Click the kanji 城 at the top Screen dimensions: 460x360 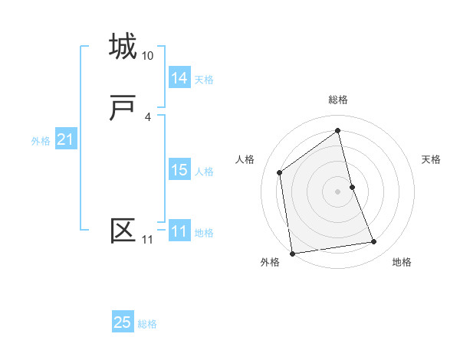(x=123, y=47)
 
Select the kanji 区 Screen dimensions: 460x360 (x=123, y=231)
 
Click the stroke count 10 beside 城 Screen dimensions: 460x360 (x=148, y=56)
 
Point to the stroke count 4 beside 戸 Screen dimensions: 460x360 (x=147, y=116)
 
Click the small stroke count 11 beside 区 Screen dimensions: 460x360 (x=148, y=240)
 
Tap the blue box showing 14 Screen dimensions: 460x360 (x=179, y=78)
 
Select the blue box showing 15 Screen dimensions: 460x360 (x=179, y=170)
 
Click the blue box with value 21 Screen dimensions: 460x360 (x=65, y=139)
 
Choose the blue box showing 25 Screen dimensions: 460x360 (x=123, y=322)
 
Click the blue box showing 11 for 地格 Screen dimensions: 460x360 (x=179, y=231)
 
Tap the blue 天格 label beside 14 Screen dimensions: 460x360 (x=204, y=80)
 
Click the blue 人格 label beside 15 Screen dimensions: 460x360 (x=204, y=172)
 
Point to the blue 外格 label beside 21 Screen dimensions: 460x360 (x=41, y=141)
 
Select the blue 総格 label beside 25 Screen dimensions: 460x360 (x=147, y=324)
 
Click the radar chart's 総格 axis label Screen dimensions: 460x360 (x=338, y=100)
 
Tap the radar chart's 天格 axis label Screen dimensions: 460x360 (x=432, y=159)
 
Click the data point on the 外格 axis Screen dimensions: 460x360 (x=292, y=253)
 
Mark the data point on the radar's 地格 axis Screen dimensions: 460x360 (x=374, y=242)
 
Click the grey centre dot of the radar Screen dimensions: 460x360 (x=338, y=191)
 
